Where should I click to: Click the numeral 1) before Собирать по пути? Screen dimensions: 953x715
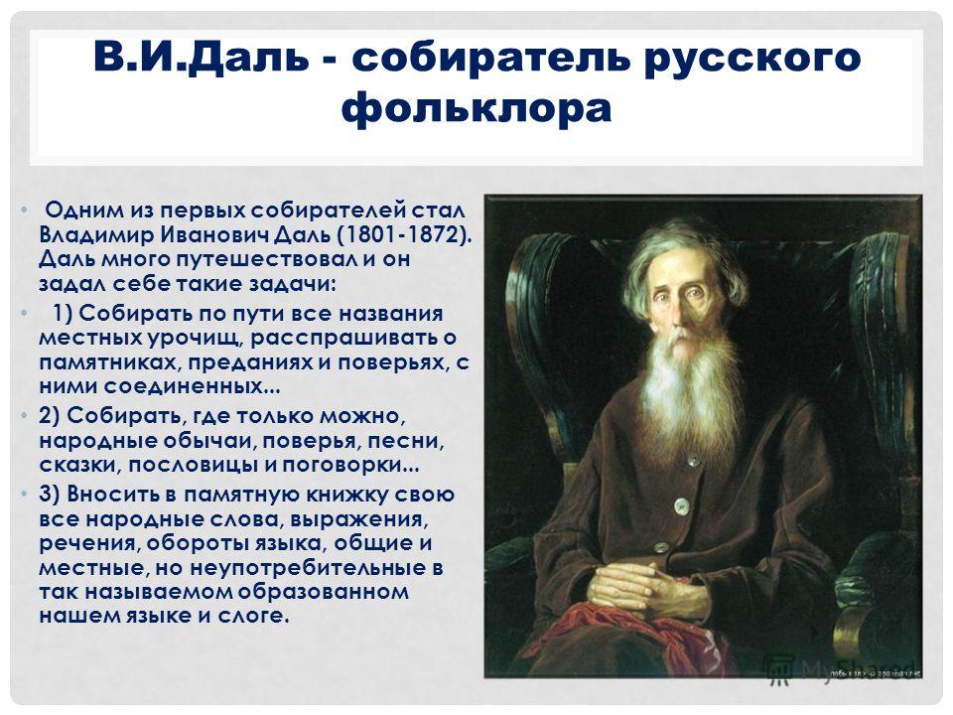(63, 314)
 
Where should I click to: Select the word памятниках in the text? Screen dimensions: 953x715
(109, 363)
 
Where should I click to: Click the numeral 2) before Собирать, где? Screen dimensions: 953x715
(50, 416)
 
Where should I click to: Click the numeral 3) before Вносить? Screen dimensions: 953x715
(50, 494)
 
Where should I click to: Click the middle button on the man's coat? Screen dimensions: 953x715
(681, 504)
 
